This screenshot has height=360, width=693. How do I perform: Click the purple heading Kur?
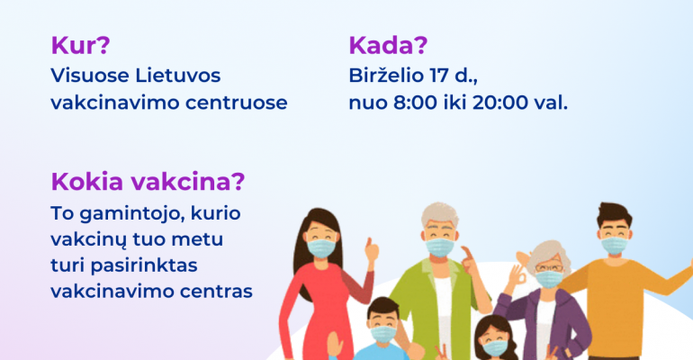(80, 45)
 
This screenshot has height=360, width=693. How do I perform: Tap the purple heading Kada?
(388, 45)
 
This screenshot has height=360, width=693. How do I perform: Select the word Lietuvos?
(177, 75)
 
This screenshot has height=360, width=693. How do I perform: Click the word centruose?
(237, 103)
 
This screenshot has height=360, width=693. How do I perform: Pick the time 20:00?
(500, 103)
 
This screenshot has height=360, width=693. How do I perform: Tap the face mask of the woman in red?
(321, 248)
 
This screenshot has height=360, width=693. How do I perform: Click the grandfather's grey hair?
(440, 212)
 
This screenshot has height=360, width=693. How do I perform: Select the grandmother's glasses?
(549, 267)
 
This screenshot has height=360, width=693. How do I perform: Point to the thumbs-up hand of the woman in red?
(371, 250)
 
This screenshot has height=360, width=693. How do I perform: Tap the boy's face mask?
(383, 334)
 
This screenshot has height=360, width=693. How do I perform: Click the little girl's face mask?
(495, 347)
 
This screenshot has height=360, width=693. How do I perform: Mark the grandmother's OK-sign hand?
(517, 275)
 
